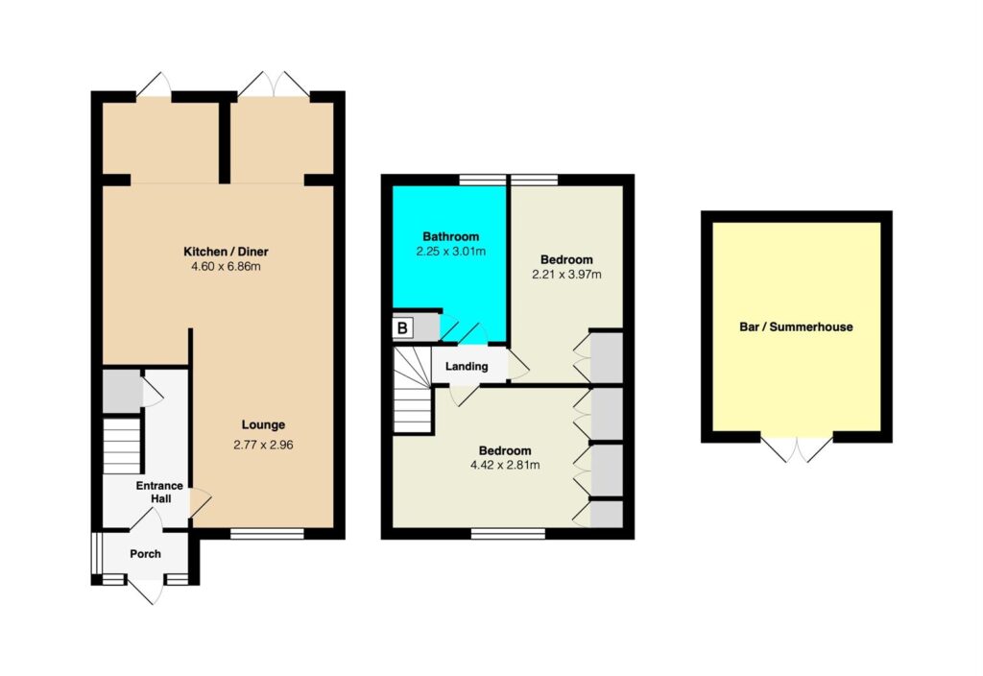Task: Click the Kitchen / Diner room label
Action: coord(226,253)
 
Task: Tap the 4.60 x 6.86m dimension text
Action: coord(226,267)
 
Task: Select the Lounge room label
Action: coord(263,425)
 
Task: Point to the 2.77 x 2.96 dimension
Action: coord(263,446)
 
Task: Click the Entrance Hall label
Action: coord(160,493)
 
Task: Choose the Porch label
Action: coord(146,554)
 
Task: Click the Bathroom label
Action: coord(451,237)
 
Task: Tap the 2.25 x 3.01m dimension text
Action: coord(451,253)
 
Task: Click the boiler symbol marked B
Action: coord(402,328)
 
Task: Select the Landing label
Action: coord(467,366)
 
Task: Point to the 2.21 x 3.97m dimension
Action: coord(566,275)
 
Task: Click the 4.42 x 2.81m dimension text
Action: coord(505,466)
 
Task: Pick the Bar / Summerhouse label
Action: coord(796,326)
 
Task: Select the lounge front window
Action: coord(267,534)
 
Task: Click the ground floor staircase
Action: coord(122,446)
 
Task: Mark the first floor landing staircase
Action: coord(413,392)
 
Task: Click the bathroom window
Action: coord(482,180)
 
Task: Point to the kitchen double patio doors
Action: coord(274,84)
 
